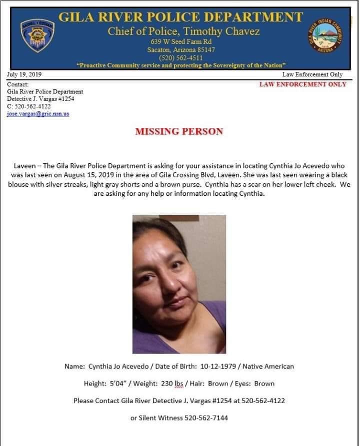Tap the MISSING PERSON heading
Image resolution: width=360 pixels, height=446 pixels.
click(x=179, y=132)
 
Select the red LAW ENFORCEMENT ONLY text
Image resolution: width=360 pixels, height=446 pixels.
click(x=302, y=84)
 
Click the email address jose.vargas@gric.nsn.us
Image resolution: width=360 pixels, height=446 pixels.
click(x=38, y=114)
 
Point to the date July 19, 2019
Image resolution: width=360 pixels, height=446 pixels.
click(x=24, y=74)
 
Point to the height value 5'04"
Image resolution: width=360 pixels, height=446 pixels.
click(x=119, y=384)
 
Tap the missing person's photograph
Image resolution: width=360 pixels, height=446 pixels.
click(x=179, y=284)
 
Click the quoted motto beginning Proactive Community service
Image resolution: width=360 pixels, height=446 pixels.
click(x=181, y=65)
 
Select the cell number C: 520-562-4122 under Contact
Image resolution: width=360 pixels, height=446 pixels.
click(x=29, y=106)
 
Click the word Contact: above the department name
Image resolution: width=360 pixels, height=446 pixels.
click(x=17, y=84)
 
